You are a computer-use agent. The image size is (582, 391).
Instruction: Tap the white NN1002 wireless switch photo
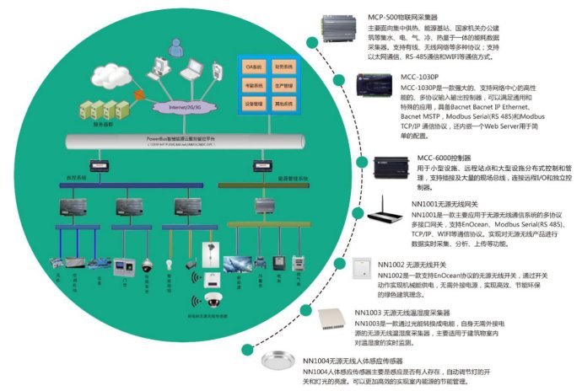pyautogui.click(x=363, y=268)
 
